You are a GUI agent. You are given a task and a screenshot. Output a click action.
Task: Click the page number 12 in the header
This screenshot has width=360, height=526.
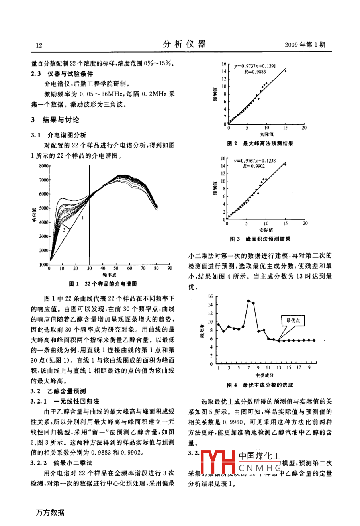pos(39,45)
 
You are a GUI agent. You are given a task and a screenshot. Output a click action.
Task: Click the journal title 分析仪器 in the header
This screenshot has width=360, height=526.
pos(184,44)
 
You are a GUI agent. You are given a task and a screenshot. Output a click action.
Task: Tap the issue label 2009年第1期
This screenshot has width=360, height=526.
pos(305,45)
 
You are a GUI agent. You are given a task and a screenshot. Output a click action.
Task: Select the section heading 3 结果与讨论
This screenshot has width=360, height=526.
pos(55,120)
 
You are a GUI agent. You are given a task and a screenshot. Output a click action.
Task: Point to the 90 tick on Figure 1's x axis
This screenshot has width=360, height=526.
pos(170,269)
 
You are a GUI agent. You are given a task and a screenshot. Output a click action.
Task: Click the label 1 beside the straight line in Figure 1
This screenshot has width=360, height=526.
pos(83,218)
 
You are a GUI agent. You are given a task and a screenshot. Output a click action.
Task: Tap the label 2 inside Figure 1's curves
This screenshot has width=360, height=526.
pos(63,230)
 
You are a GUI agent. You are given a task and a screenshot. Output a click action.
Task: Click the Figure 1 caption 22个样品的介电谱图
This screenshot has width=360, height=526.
pos(111,284)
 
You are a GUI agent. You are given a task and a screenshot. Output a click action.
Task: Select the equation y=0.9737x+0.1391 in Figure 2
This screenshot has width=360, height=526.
pos(255,66)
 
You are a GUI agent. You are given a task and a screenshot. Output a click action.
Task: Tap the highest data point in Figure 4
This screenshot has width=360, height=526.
pos(248,301)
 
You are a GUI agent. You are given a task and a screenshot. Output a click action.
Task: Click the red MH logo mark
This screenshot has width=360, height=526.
pos(218,463)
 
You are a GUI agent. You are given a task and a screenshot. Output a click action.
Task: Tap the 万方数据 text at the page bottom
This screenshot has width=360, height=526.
pos(50,512)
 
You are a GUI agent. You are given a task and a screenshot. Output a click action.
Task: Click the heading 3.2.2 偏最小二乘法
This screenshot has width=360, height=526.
pos(62,463)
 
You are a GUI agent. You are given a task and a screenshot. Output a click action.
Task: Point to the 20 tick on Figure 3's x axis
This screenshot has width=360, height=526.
pos(305,224)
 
